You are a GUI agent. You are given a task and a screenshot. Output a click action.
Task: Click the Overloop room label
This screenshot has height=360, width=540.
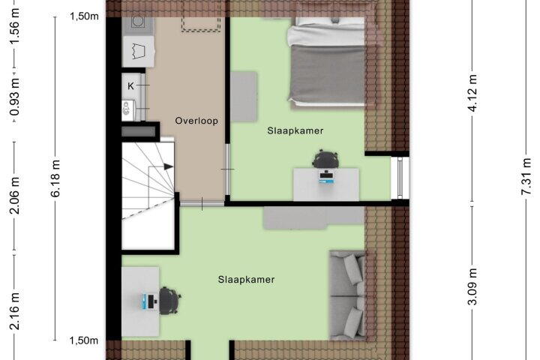click(196, 121)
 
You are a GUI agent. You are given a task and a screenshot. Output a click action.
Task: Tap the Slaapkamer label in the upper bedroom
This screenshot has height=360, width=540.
click(295, 131)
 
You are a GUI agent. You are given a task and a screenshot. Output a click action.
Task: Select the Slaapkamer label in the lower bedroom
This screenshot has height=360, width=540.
click(246, 280)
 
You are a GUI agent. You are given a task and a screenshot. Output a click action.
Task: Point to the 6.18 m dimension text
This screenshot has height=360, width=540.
click(55, 178)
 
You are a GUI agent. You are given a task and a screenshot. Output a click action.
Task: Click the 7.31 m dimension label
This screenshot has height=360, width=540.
click(526, 176)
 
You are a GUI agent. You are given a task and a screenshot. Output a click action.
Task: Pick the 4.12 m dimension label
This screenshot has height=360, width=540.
click(473, 93)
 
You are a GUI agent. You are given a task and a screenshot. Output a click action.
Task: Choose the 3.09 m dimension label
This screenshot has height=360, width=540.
click(472, 286)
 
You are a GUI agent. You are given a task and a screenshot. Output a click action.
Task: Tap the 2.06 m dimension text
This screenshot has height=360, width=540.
click(14, 195)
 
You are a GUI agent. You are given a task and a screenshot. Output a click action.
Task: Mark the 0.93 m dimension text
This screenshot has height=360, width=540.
click(14, 97)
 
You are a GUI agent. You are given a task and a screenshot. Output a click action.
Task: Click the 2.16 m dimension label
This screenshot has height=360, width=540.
click(14, 311)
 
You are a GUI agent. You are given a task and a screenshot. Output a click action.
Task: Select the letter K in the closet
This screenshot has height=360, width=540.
click(130, 86)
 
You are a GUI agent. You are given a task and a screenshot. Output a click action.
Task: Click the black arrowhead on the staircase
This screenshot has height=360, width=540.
click(169, 166)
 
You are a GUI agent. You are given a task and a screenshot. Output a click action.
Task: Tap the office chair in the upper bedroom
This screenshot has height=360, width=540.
click(325, 159)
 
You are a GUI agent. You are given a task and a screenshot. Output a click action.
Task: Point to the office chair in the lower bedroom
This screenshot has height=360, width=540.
click(169, 301)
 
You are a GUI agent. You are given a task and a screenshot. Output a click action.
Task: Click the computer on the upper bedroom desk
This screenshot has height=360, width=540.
click(326, 177)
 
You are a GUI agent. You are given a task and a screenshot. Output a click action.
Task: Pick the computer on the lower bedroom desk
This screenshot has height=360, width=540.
click(149, 301)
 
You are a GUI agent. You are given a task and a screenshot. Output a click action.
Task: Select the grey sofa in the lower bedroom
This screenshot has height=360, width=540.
click(347, 295)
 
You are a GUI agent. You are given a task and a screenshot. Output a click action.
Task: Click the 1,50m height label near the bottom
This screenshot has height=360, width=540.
click(84, 340)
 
